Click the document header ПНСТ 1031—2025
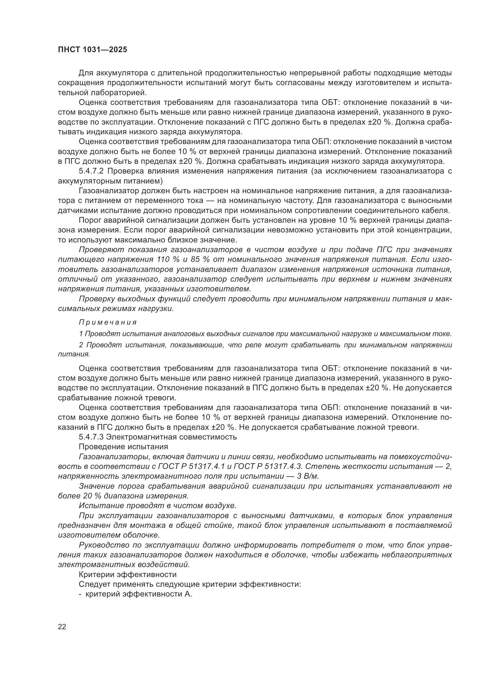coord(92,49)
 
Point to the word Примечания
coord(108,323)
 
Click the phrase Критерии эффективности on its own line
coord(127,575)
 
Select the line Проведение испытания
coord(123,447)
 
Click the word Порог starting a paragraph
coord(90,220)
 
